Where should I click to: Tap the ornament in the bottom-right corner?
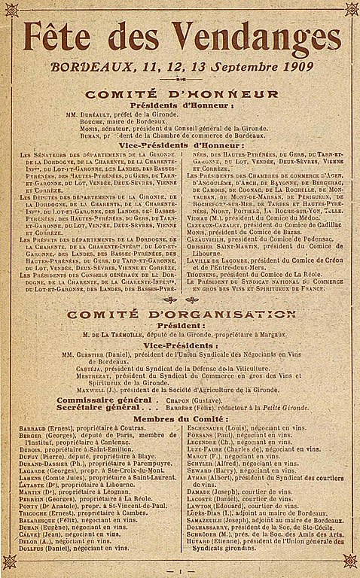(x=350, y=561)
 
